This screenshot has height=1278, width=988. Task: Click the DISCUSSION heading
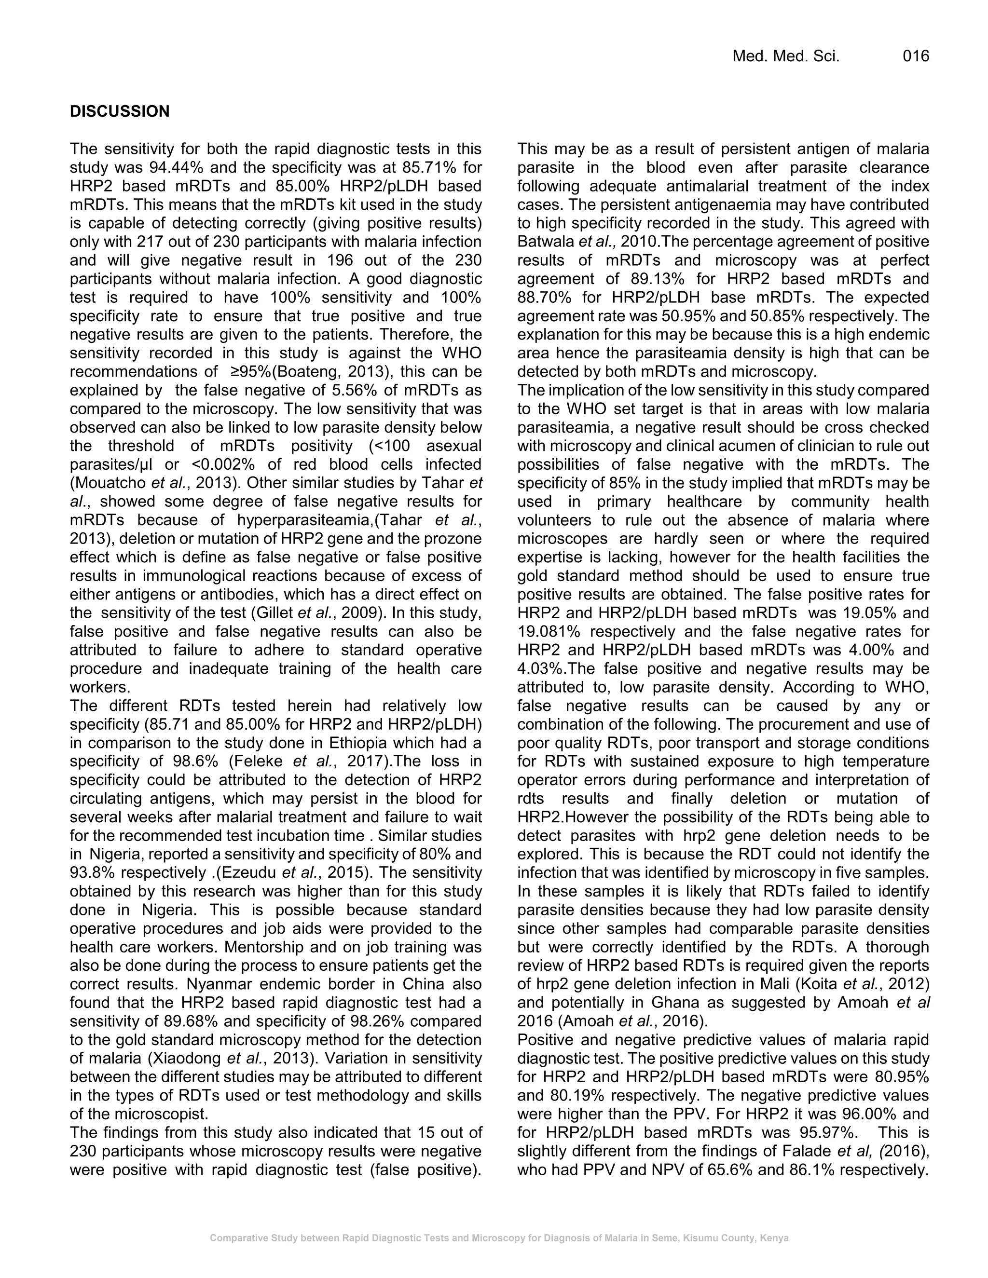click(x=120, y=112)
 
